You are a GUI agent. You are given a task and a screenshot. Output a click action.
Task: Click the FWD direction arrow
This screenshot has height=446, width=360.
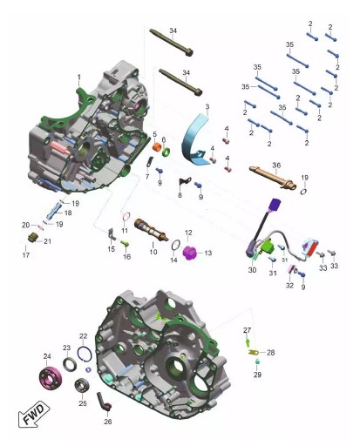34,414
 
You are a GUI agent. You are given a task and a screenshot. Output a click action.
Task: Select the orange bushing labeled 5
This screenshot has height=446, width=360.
157,147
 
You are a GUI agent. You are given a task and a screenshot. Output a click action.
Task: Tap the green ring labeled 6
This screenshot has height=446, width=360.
166,152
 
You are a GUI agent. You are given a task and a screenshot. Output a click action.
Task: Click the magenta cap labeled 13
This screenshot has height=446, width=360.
190,253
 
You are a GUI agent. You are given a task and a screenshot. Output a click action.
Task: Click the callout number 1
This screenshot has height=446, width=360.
78,78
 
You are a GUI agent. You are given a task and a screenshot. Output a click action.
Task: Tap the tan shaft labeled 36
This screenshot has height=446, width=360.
273,177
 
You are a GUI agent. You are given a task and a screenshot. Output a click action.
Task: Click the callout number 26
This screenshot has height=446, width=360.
108,422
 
